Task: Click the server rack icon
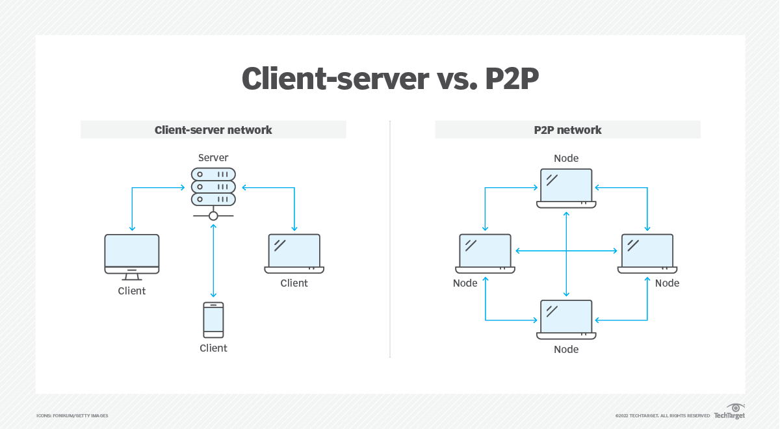pos(213,188)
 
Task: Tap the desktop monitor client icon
pos(132,253)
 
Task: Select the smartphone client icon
pos(213,320)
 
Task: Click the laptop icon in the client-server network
pos(294,253)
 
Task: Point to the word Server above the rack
pos(213,158)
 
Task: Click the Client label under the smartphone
pos(213,348)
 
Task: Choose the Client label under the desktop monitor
pos(132,291)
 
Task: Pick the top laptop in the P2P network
pos(566,188)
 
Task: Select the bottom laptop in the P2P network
pos(566,319)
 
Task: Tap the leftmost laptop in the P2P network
pos(485,253)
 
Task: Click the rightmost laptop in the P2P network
pos(647,253)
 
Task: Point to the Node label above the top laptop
pos(566,159)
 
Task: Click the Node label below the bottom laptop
pos(566,350)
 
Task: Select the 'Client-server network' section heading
pos(213,130)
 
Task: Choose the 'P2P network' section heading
pos(567,130)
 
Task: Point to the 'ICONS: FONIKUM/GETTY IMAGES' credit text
pos(72,416)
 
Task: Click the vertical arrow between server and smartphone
pos(213,260)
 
